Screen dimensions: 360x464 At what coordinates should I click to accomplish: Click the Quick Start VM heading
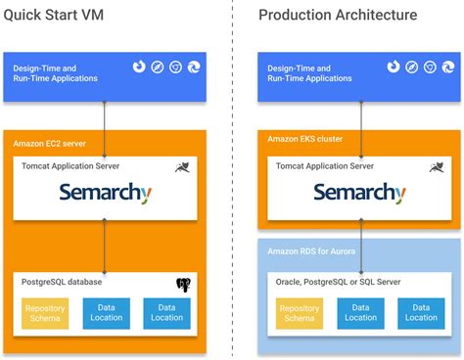57,15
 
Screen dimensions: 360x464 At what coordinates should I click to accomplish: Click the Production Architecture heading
338,15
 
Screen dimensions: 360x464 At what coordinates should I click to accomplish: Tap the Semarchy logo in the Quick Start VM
106,193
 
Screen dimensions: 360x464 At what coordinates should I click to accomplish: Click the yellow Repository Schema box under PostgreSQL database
45,313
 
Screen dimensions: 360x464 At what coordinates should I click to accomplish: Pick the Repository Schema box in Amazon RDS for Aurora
300,313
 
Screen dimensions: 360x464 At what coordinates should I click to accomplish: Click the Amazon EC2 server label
49,143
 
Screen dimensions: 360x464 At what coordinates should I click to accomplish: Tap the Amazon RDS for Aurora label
310,251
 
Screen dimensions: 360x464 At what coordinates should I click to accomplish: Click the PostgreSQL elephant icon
183,286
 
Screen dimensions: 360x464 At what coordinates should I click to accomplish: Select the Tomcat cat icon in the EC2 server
183,168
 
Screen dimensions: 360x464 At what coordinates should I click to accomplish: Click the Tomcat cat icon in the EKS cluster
436,168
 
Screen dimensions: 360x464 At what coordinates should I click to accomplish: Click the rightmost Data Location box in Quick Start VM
166,313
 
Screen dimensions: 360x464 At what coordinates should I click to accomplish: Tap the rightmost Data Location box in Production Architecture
420,313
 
